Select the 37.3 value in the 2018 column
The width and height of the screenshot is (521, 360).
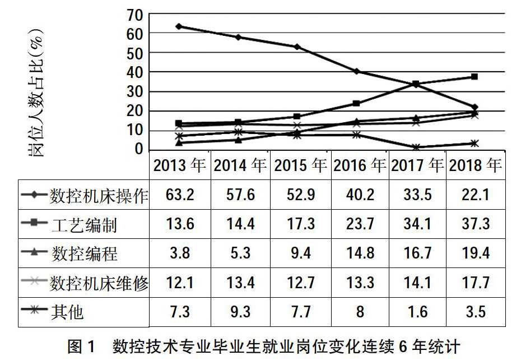tap(475, 224)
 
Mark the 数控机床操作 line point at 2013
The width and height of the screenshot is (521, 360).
tap(179, 26)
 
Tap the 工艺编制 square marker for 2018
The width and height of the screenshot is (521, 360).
tap(475, 77)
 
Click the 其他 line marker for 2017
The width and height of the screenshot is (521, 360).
tap(416, 147)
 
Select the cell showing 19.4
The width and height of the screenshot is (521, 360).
tap(475, 253)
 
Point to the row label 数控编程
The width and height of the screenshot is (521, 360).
tap(83, 253)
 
